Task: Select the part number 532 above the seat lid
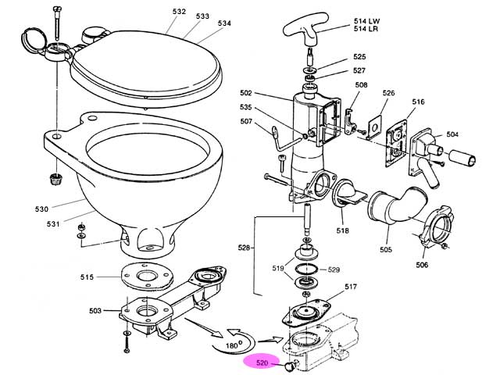179,12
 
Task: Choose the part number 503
95,311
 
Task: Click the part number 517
351,287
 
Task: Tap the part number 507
246,121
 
